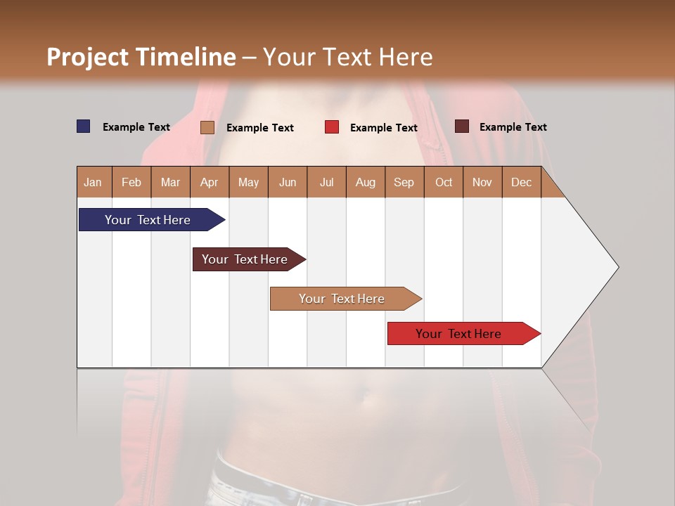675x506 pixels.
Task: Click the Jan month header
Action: coord(94,182)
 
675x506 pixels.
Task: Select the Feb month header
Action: coord(131,182)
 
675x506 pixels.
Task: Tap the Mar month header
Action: coord(170,182)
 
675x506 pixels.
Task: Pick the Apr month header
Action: coord(210,182)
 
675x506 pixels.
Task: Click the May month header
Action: coord(248,182)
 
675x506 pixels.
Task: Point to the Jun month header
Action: coord(288,182)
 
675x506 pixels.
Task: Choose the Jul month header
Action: coord(326,182)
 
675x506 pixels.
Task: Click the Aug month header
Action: coord(366,182)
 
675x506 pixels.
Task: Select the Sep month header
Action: coord(404,182)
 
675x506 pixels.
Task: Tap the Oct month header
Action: coord(444,182)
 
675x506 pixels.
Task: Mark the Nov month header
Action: coord(482,182)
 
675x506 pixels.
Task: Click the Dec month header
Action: coord(522,182)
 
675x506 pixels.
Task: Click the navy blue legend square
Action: coord(84,126)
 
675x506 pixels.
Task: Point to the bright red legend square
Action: coord(332,127)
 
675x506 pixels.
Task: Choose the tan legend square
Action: coord(207,127)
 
